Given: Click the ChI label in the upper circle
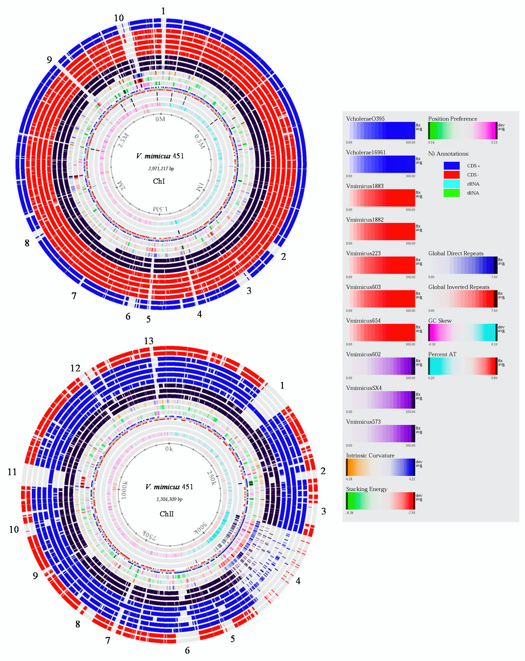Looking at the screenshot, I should (x=159, y=181).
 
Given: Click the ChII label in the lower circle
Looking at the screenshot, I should (x=167, y=514).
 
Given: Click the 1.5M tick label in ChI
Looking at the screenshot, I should (x=160, y=209).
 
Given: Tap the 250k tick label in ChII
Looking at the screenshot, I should (x=212, y=478).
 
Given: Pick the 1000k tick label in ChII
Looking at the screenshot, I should (x=124, y=490).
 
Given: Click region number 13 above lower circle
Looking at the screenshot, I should (x=149, y=341).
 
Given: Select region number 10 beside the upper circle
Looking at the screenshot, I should (x=119, y=18).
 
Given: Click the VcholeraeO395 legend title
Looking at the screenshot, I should (x=365, y=119).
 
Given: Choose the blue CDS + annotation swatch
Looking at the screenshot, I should (x=451, y=166).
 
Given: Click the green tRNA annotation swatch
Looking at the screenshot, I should (x=451, y=193).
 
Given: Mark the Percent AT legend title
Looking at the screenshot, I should (x=442, y=354).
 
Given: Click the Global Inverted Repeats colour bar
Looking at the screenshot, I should (x=462, y=299).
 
